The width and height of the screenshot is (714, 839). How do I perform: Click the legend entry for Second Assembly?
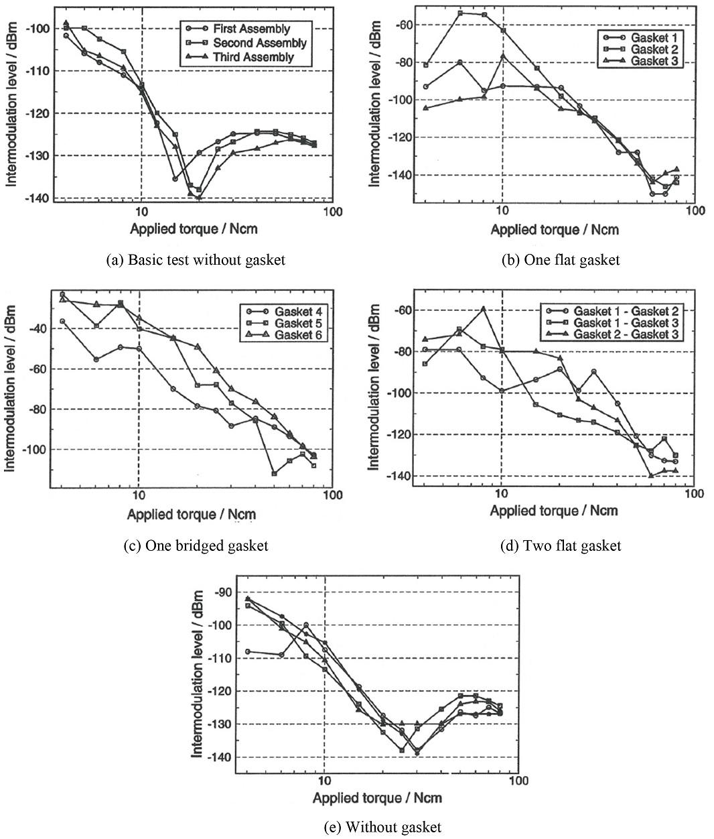(251, 44)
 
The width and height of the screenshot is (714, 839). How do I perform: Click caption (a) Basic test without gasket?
(196, 260)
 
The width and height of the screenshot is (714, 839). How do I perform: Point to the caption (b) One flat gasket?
(561, 260)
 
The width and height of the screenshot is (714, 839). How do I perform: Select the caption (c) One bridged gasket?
(196, 545)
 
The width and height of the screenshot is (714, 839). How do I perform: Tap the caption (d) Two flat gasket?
(561, 545)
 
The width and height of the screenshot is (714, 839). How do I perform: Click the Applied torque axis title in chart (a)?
(194, 229)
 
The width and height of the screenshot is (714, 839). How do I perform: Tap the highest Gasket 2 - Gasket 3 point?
(483, 309)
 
